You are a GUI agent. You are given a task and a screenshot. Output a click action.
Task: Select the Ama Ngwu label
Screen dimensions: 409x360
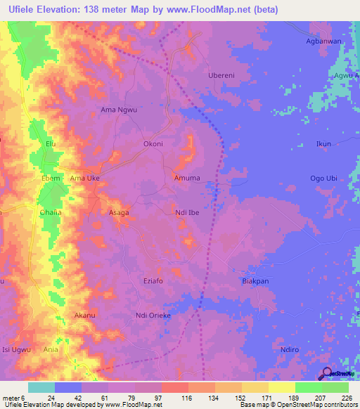tap(117, 110)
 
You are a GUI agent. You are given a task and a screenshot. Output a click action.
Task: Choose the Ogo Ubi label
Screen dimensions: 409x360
tap(325, 178)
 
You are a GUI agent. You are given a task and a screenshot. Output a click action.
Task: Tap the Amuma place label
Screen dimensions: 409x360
tap(187, 178)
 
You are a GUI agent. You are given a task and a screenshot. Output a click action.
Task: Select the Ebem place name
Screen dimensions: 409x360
tap(51, 178)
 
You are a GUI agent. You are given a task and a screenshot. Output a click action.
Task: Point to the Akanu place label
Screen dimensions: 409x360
tap(84, 316)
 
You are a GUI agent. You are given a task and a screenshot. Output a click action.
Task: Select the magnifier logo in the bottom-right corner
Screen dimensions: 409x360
tap(328, 373)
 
